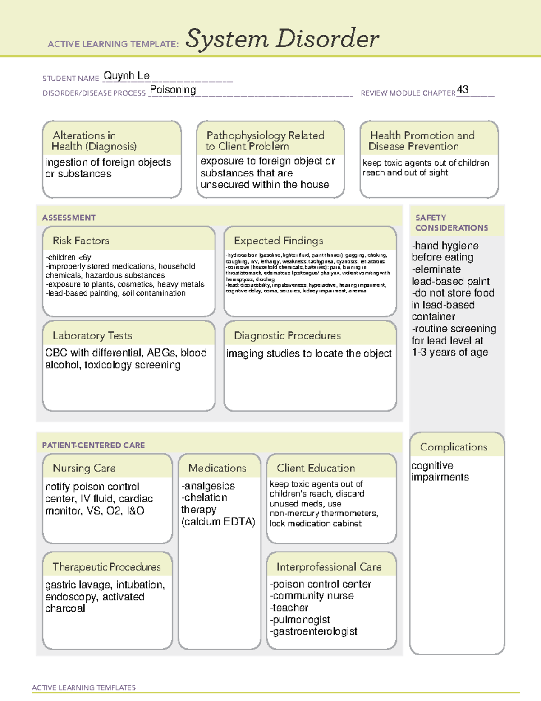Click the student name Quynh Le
[x=126, y=76]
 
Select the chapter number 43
[x=463, y=89]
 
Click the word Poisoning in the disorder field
[x=173, y=90]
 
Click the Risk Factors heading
[x=81, y=241]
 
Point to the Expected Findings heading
[x=278, y=241]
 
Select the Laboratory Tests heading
[x=92, y=335]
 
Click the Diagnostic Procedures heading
[x=287, y=335]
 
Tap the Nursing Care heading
[x=84, y=468]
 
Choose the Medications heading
[x=217, y=468]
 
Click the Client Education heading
[x=316, y=468]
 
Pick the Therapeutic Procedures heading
[x=106, y=566]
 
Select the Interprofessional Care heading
[x=329, y=566]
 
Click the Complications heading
[x=454, y=447]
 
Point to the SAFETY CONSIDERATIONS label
[x=451, y=223]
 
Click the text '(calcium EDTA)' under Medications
[x=218, y=522]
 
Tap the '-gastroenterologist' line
[x=314, y=631]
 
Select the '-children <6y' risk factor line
[x=69, y=257]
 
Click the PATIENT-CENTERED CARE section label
[x=93, y=445]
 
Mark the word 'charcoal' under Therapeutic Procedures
[x=65, y=608]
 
